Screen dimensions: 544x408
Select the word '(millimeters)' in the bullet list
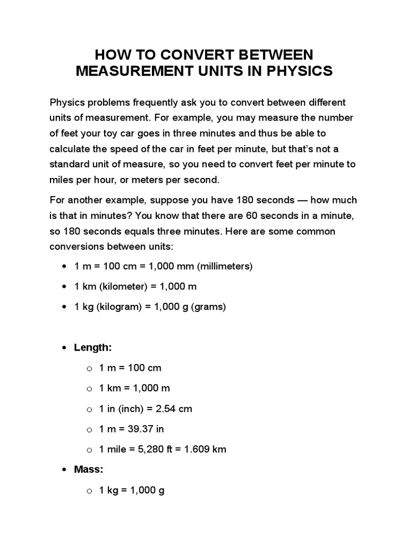pyautogui.click(x=225, y=266)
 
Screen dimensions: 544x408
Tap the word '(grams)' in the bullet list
pyautogui.click(x=210, y=307)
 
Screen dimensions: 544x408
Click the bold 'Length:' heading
pyautogui.click(x=93, y=347)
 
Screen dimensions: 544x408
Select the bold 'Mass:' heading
pyautogui.click(x=89, y=470)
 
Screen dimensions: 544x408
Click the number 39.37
pyautogui.click(x=138, y=429)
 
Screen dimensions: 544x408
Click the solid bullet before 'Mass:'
pyautogui.click(x=64, y=470)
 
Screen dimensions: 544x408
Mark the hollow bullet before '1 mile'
pyautogui.click(x=89, y=449)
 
